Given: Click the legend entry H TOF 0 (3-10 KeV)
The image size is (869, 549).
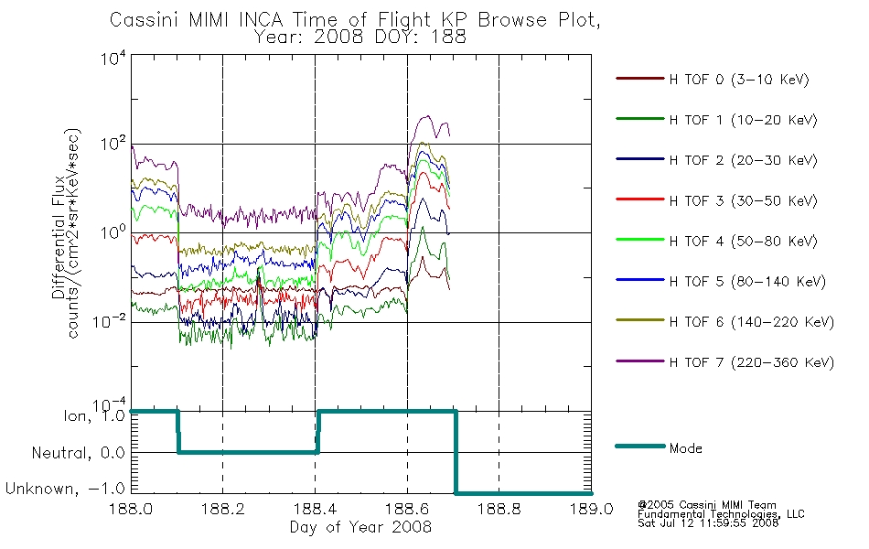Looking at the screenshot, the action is [x=739, y=80].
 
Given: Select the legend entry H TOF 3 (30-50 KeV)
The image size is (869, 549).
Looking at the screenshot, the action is [x=743, y=200].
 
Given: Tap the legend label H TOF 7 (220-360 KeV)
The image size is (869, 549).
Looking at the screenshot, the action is [x=752, y=362].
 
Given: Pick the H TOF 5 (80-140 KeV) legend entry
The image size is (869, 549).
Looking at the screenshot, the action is [x=747, y=282].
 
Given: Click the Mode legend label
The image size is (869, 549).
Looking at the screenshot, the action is [x=685, y=448].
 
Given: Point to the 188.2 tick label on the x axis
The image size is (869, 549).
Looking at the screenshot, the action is [x=223, y=509].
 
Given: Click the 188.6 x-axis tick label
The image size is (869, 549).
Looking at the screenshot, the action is [x=407, y=509].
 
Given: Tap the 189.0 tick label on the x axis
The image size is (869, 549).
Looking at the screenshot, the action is [x=591, y=509].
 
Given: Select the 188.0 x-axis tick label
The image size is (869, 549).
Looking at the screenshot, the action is [x=132, y=509].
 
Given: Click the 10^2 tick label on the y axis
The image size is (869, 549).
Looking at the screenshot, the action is [x=113, y=144].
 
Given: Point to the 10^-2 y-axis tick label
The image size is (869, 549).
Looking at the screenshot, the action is [x=110, y=321].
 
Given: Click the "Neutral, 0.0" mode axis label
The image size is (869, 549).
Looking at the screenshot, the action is [x=78, y=453].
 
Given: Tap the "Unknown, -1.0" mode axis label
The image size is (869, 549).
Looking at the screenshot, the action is [x=65, y=489].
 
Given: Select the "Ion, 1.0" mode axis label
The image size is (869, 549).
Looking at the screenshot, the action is [x=94, y=415].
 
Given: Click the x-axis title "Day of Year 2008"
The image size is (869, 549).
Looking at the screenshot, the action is [x=360, y=526].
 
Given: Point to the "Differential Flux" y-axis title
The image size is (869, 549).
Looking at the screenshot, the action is [x=59, y=237].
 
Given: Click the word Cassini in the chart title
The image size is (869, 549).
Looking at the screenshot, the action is [x=145, y=20].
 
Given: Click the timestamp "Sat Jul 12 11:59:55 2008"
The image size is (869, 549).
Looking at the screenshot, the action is [x=708, y=523].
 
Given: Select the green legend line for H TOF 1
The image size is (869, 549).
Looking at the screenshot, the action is [x=639, y=119].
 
